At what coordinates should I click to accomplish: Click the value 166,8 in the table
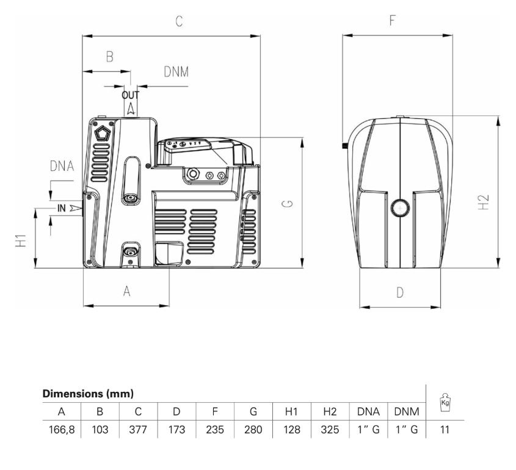(x=62, y=430)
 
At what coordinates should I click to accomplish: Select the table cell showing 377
(x=138, y=430)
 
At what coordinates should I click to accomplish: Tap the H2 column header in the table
(x=330, y=411)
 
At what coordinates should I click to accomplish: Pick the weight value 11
(x=445, y=430)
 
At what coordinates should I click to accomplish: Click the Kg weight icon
(x=445, y=402)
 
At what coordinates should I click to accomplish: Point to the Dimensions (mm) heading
(x=88, y=393)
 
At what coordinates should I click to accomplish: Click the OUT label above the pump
(x=130, y=95)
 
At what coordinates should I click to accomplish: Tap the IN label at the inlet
(x=62, y=208)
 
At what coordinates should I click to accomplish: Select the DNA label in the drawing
(x=62, y=166)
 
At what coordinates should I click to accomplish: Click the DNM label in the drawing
(x=176, y=71)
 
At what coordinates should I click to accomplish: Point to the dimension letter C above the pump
(x=179, y=21)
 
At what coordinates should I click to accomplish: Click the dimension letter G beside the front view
(x=287, y=204)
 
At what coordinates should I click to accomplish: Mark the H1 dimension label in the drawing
(x=21, y=240)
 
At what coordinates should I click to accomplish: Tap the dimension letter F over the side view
(x=392, y=20)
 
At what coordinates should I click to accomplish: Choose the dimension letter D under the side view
(x=400, y=292)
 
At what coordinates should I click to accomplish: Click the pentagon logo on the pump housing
(x=103, y=132)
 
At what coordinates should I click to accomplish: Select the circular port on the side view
(x=400, y=208)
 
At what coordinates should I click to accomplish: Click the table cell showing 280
(x=253, y=430)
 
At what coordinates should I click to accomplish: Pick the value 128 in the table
(x=291, y=430)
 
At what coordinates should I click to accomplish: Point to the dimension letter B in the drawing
(x=109, y=57)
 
